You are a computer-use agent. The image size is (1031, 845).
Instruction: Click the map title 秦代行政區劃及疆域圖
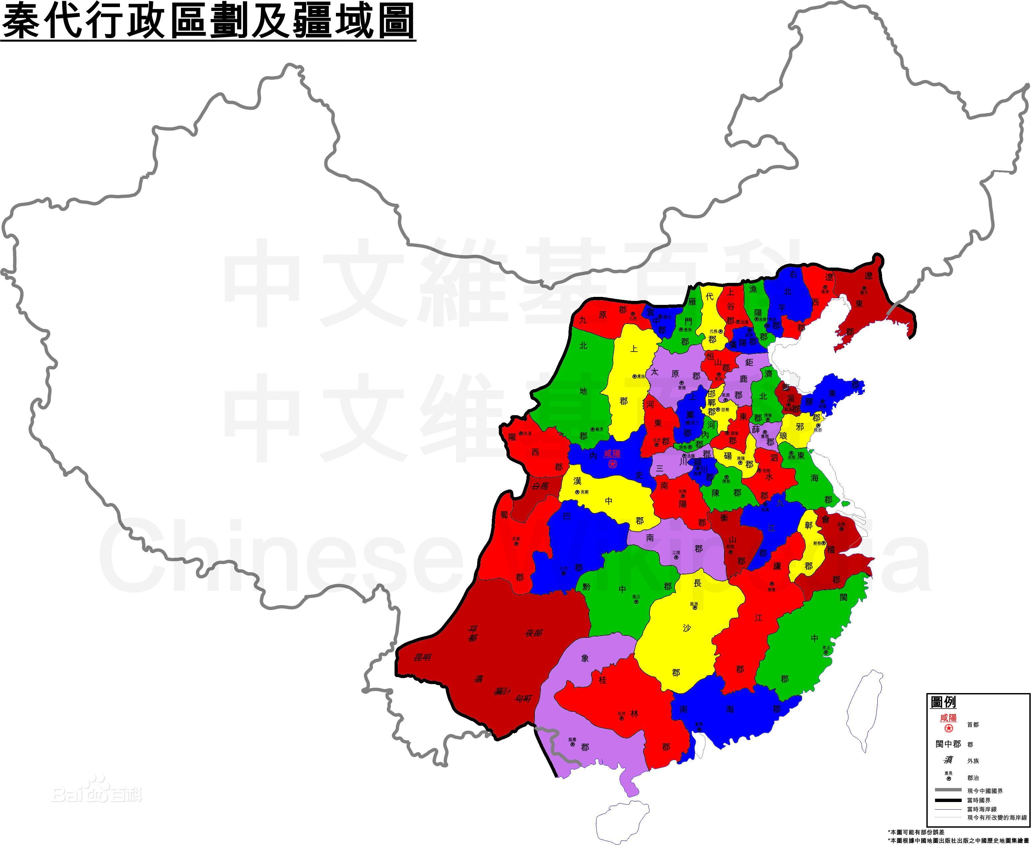(208, 20)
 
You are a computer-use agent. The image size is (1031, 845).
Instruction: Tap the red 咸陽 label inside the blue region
(612, 453)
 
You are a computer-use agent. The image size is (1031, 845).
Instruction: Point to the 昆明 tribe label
(422, 657)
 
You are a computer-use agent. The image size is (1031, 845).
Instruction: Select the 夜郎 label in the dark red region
(533, 633)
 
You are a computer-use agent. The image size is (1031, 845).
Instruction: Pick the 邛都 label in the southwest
(473, 633)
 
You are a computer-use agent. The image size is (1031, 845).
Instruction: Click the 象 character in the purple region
(585, 658)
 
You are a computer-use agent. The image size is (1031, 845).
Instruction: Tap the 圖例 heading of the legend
(943, 702)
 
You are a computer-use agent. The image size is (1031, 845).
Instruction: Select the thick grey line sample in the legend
(948, 789)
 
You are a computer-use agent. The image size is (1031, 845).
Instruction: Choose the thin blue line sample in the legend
(948, 809)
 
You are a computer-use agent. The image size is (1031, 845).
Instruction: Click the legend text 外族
(973, 761)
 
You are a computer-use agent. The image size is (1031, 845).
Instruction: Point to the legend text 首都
(973, 725)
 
